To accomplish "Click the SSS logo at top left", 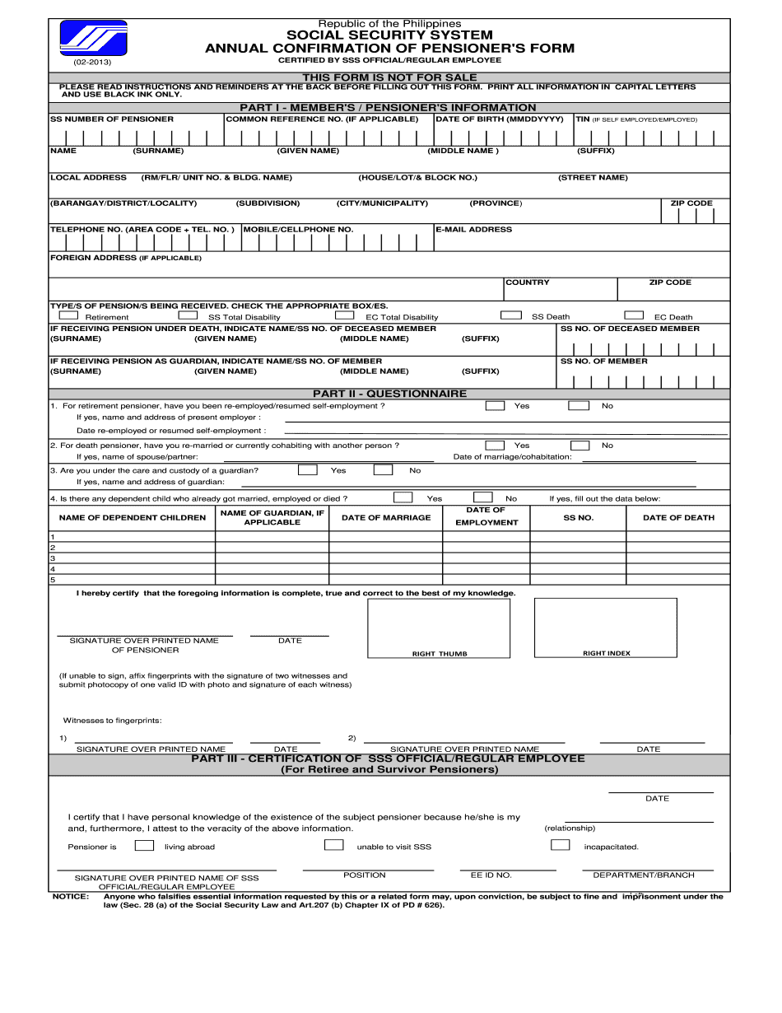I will [x=94, y=38].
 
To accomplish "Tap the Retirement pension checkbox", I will [x=69, y=315].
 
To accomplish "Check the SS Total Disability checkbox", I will [x=189, y=315].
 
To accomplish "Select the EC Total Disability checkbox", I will [x=344, y=315].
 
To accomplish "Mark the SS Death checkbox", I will [x=511, y=315].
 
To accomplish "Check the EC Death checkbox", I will [x=633, y=315].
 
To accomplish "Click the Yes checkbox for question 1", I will [x=495, y=405].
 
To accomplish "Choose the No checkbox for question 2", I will [x=580, y=445].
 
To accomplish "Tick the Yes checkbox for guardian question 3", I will [x=307, y=470].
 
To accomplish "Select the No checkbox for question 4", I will [x=482, y=497].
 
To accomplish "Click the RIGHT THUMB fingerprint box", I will [x=439, y=628].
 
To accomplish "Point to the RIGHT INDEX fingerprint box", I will [x=606, y=628].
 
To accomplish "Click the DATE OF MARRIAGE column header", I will [x=386, y=517].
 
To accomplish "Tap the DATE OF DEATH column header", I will [x=678, y=517].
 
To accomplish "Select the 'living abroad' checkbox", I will [x=144, y=845].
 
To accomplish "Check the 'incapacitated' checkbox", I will [x=561, y=845].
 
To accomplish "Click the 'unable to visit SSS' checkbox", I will [x=334, y=845].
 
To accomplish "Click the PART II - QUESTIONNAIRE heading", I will [x=389, y=394].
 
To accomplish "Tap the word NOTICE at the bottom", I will [x=70, y=896].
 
